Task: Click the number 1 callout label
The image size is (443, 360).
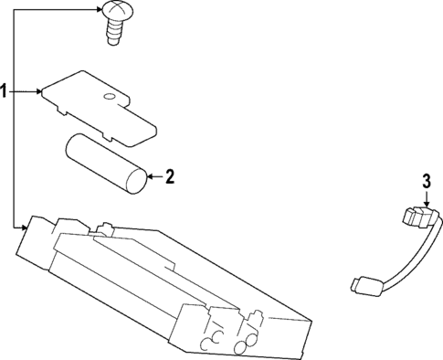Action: [x=5, y=91]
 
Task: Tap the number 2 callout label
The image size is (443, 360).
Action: [x=169, y=176]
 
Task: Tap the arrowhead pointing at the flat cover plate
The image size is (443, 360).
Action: [x=39, y=91]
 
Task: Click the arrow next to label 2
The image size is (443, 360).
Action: [x=154, y=176]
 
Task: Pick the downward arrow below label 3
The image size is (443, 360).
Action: [x=427, y=202]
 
